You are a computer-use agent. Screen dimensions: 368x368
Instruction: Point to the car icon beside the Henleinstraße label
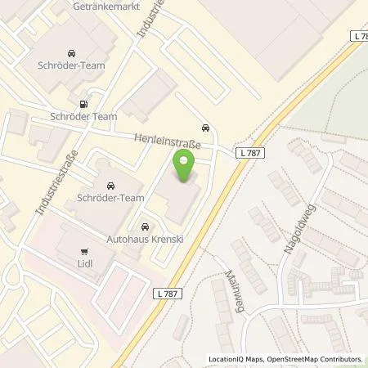pos(204,128)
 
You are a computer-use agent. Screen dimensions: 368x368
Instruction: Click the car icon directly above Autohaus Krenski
pos(145,226)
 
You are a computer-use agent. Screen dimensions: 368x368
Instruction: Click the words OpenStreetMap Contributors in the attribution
pos(316,358)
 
